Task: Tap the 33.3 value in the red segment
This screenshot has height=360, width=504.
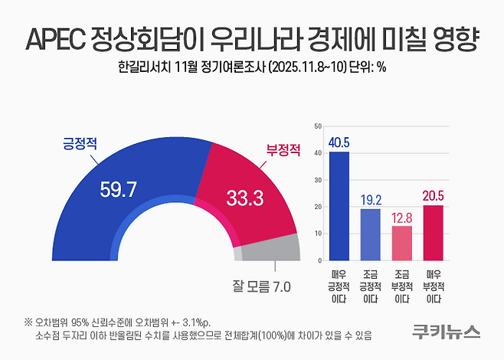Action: pyautogui.click(x=245, y=198)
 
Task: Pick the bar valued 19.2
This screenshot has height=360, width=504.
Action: pyautogui.click(x=370, y=234)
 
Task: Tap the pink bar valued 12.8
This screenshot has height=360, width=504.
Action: pyautogui.click(x=401, y=243)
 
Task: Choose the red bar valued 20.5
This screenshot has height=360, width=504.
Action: pyautogui.click(x=433, y=232)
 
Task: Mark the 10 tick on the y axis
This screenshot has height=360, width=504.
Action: pyautogui.click(x=319, y=234)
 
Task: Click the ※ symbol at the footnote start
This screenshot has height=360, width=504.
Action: pyautogui.click(x=28, y=322)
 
